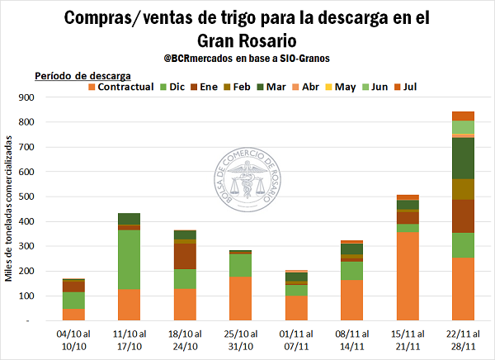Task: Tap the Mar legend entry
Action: [273, 86]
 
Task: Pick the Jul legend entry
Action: [408, 86]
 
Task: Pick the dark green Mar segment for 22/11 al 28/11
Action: [463, 158]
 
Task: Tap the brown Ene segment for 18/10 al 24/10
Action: [184, 256]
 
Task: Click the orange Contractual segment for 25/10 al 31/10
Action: [240, 298]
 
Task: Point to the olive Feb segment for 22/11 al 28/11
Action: [463, 189]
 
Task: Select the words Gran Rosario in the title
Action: [247, 39]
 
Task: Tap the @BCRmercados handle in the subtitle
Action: [199, 58]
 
